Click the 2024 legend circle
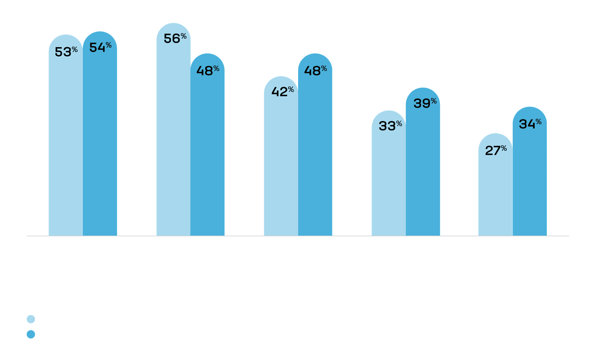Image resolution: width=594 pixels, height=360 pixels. point(31,319)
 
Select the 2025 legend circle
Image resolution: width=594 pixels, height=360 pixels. point(31,334)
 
